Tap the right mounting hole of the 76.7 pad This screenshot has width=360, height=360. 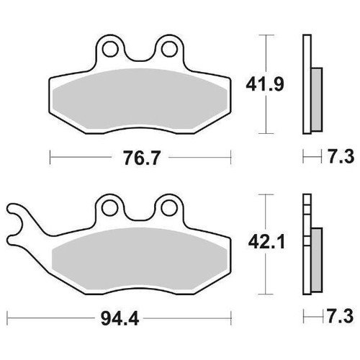[170, 49]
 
